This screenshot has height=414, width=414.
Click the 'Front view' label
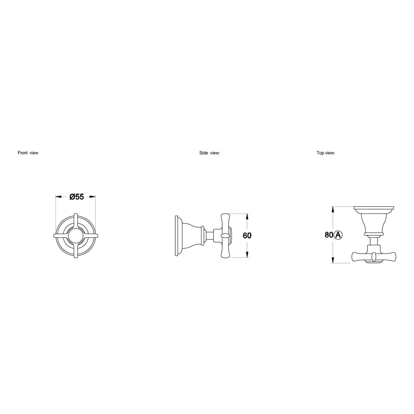click(28, 153)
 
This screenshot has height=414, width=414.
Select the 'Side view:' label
click(209, 153)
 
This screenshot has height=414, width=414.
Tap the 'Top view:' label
click(326, 153)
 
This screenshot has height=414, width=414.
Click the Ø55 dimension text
click(77, 197)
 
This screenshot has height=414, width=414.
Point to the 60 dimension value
click(247, 236)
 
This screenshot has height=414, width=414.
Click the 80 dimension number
click(329, 235)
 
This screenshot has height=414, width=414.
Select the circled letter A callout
click(338, 235)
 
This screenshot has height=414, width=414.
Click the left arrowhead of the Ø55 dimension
click(59, 196)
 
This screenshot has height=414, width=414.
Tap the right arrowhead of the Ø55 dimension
click(92, 196)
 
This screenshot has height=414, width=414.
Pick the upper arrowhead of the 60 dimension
click(247, 217)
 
